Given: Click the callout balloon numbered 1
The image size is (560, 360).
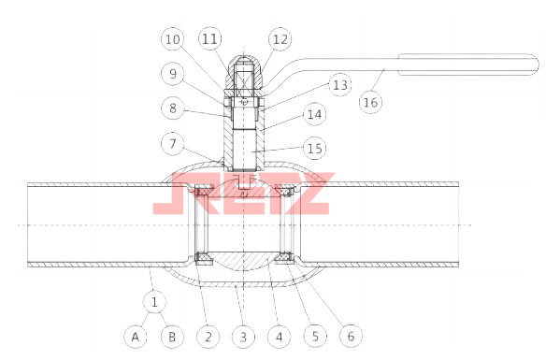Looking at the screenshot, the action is click(x=154, y=302).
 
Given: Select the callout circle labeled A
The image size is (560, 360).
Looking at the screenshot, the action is click(x=136, y=337).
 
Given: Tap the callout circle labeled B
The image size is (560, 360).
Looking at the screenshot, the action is click(x=172, y=337).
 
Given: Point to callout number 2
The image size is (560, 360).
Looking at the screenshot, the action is click(x=208, y=337).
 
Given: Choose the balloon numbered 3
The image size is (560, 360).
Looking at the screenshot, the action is click(x=244, y=337).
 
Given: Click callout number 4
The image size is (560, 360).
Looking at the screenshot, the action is click(x=280, y=337).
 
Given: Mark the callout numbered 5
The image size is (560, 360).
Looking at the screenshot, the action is click(x=315, y=336).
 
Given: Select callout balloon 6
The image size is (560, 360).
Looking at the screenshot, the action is click(x=351, y=336).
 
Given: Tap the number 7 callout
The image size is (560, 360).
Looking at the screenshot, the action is click(x=173, y=144).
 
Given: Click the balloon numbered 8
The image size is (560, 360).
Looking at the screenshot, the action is click(x=173, y=108).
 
